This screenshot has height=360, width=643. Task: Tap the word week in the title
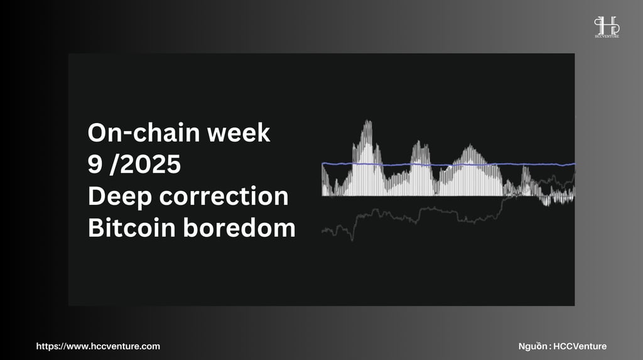point(239,133)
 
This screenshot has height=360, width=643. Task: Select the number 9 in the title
point(94,164)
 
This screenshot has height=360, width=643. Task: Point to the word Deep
point(120,197)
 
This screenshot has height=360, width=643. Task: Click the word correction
point(224,196)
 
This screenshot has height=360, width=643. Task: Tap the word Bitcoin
point(132,227)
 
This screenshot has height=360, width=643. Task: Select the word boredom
point(239,227)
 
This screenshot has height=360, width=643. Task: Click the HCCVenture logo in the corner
point(607,27)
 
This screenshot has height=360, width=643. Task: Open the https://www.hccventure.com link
point(98,346)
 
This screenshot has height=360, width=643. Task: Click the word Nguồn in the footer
point(532,346)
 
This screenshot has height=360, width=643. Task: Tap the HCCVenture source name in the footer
point(580,346)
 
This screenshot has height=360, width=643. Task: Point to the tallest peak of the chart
point(367,121)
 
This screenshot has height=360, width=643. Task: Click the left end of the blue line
point(322,164)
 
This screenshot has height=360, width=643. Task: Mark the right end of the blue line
point(575,164)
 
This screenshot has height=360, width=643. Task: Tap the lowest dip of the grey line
point(352,240)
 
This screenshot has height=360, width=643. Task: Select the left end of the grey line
point(322,232)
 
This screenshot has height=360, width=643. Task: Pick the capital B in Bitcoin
point(95,227)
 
